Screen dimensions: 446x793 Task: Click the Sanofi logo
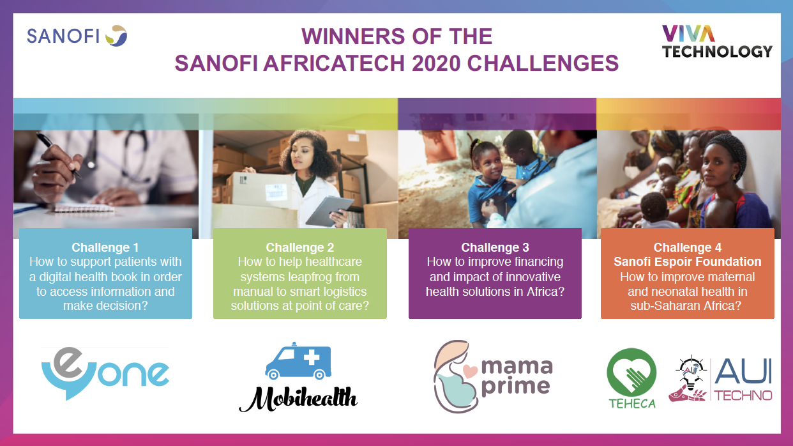pyautogui.click(x=77, y=36)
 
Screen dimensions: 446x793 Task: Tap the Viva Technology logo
pyautogui.click(x=717, y=42)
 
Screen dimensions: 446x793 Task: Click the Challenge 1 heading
pyautogui.click(x=105, y=248)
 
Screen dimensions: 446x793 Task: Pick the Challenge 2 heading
pyautogui.click(x=300, y=248)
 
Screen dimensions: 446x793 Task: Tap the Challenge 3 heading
pyautogui.click(x=495, y=248)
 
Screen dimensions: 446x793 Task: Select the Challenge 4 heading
pyautogui.click(x=687, y=248)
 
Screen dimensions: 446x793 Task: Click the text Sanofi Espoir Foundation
pyautogui.click(x=687, y=262)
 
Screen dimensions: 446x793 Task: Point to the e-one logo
pyautogui.click(x=105, y=373)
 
